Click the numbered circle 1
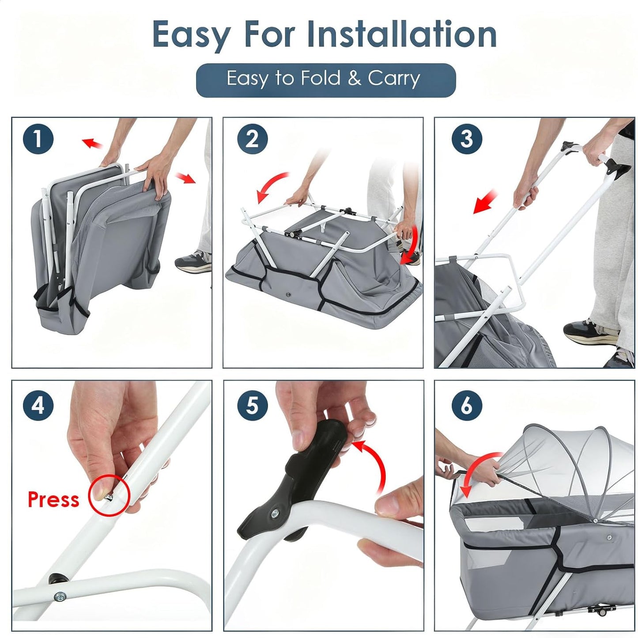coord(38,139)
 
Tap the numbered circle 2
coord(252,139)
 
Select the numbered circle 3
coord(467,139)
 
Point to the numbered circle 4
coord(38,405)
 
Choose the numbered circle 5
coord(252,405)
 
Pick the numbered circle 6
coord(467,405)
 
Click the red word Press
coord(53,499)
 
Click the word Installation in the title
coord(402,34)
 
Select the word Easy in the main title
coord(191,36)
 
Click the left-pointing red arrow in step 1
coord(93,143)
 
